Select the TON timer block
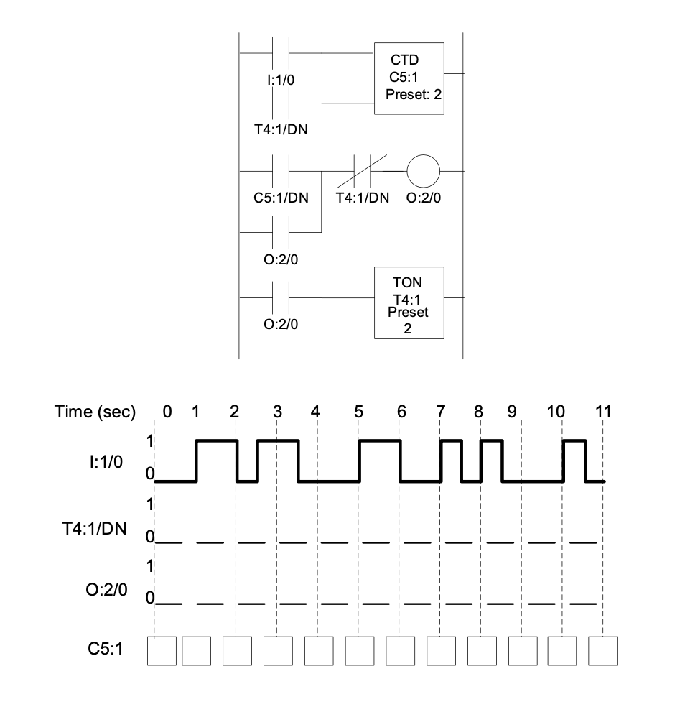point(409,302)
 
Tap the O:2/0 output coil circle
point(423,172)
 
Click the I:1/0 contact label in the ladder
point(279,80)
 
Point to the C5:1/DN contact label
point(281,198)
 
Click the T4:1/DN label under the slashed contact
point(363,198)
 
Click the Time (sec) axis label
point(95,412)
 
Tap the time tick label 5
point(358,412)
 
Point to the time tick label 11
point(603,412)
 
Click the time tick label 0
point(167,412)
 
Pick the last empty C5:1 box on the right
point(602,650)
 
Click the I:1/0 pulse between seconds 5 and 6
point(379,441)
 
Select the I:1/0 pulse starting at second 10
point(574,441)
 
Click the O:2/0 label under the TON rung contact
point(281,324)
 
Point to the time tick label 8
point(478,412)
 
